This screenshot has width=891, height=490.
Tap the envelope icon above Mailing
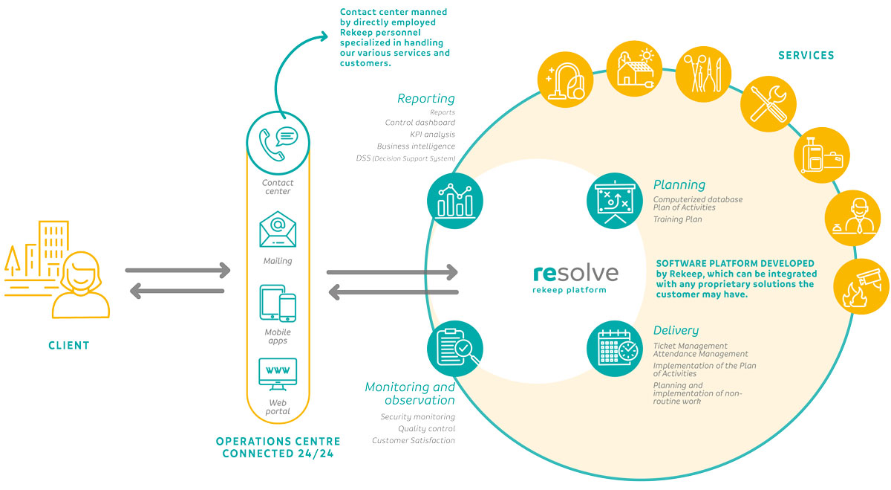(x=278, y=230)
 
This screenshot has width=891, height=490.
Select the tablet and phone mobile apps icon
(x=278, y=303)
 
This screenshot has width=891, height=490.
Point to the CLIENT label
(x=68, y=346)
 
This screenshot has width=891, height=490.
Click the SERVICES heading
(x=806, y=55)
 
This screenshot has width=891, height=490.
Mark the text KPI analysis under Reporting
(x=432, y=135)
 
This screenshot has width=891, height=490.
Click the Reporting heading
(x=425, y=98)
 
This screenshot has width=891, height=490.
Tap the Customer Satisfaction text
(x=414, y=441)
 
